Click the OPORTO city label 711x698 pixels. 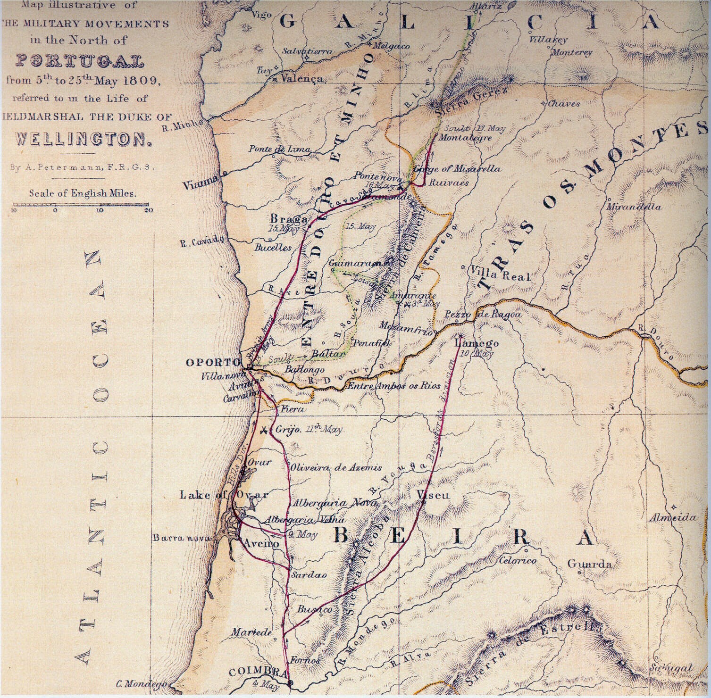[x=213, y=362]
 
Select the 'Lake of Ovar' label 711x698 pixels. [x=224, y=495]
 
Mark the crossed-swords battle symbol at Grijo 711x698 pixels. [x=265, y=430]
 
